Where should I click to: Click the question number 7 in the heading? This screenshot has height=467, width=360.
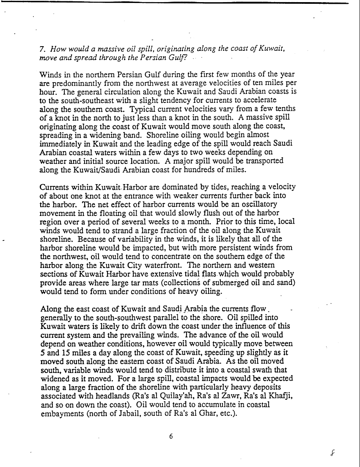click(x=41, y=49)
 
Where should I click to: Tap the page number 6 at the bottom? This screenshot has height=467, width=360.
click(x=171, y=436)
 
